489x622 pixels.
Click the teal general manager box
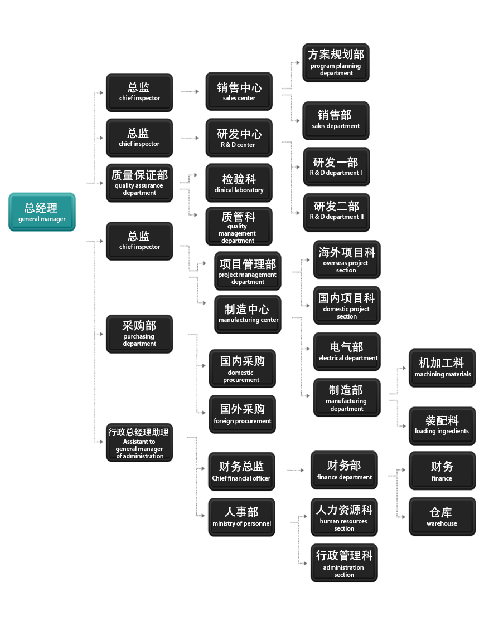(x=42, y=212)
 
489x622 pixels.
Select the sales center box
(x=239, y=91)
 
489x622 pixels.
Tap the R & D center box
(x=239, y=138)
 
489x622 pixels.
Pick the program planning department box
(x=336, y=62)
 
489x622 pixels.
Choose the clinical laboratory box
(x=239, y=183)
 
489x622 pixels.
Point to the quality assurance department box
(x=139, y=182)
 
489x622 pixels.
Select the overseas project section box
(x=346, y=259)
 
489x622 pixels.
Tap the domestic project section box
(x=346, y=305)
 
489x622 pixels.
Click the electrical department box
(x=347, y=351)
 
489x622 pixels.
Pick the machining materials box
(x=442, y=367)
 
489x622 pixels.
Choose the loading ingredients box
(x=442, y=424)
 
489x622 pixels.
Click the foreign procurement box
(x=242, y=414)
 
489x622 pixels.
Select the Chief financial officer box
(x=241, y=471)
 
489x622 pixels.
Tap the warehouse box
(x=442, y=517)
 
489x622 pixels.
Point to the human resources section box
(x=344, y=517)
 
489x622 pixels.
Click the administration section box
(x=344, y=563)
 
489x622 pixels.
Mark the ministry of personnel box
(x=241, y=517)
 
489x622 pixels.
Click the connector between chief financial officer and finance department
(x=295, y=471)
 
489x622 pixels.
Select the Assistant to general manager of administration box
(x=139, y=443)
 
